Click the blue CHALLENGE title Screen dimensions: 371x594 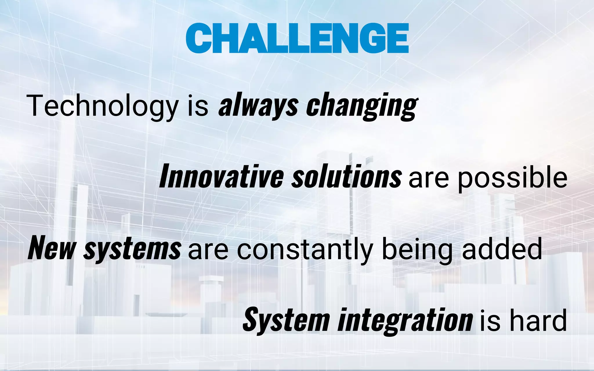(x=297, y=38)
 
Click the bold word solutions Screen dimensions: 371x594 (x=346, y=176)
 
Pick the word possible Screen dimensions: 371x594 (x=512, y=177)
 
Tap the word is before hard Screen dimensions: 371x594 (x=490, y=321)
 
